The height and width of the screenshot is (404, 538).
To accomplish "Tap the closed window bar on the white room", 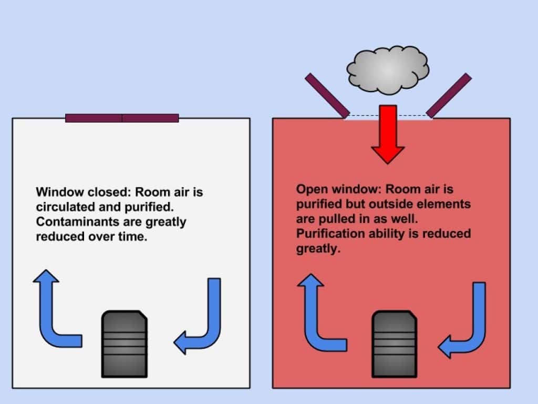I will point(122,118).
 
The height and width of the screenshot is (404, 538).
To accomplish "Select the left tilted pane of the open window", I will point(327,95).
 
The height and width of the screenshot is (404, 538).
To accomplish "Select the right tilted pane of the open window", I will point(449,95).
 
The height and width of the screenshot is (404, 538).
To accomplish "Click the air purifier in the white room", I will point(124,343).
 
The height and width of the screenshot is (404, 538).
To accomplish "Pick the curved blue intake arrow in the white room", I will point(202,321).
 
